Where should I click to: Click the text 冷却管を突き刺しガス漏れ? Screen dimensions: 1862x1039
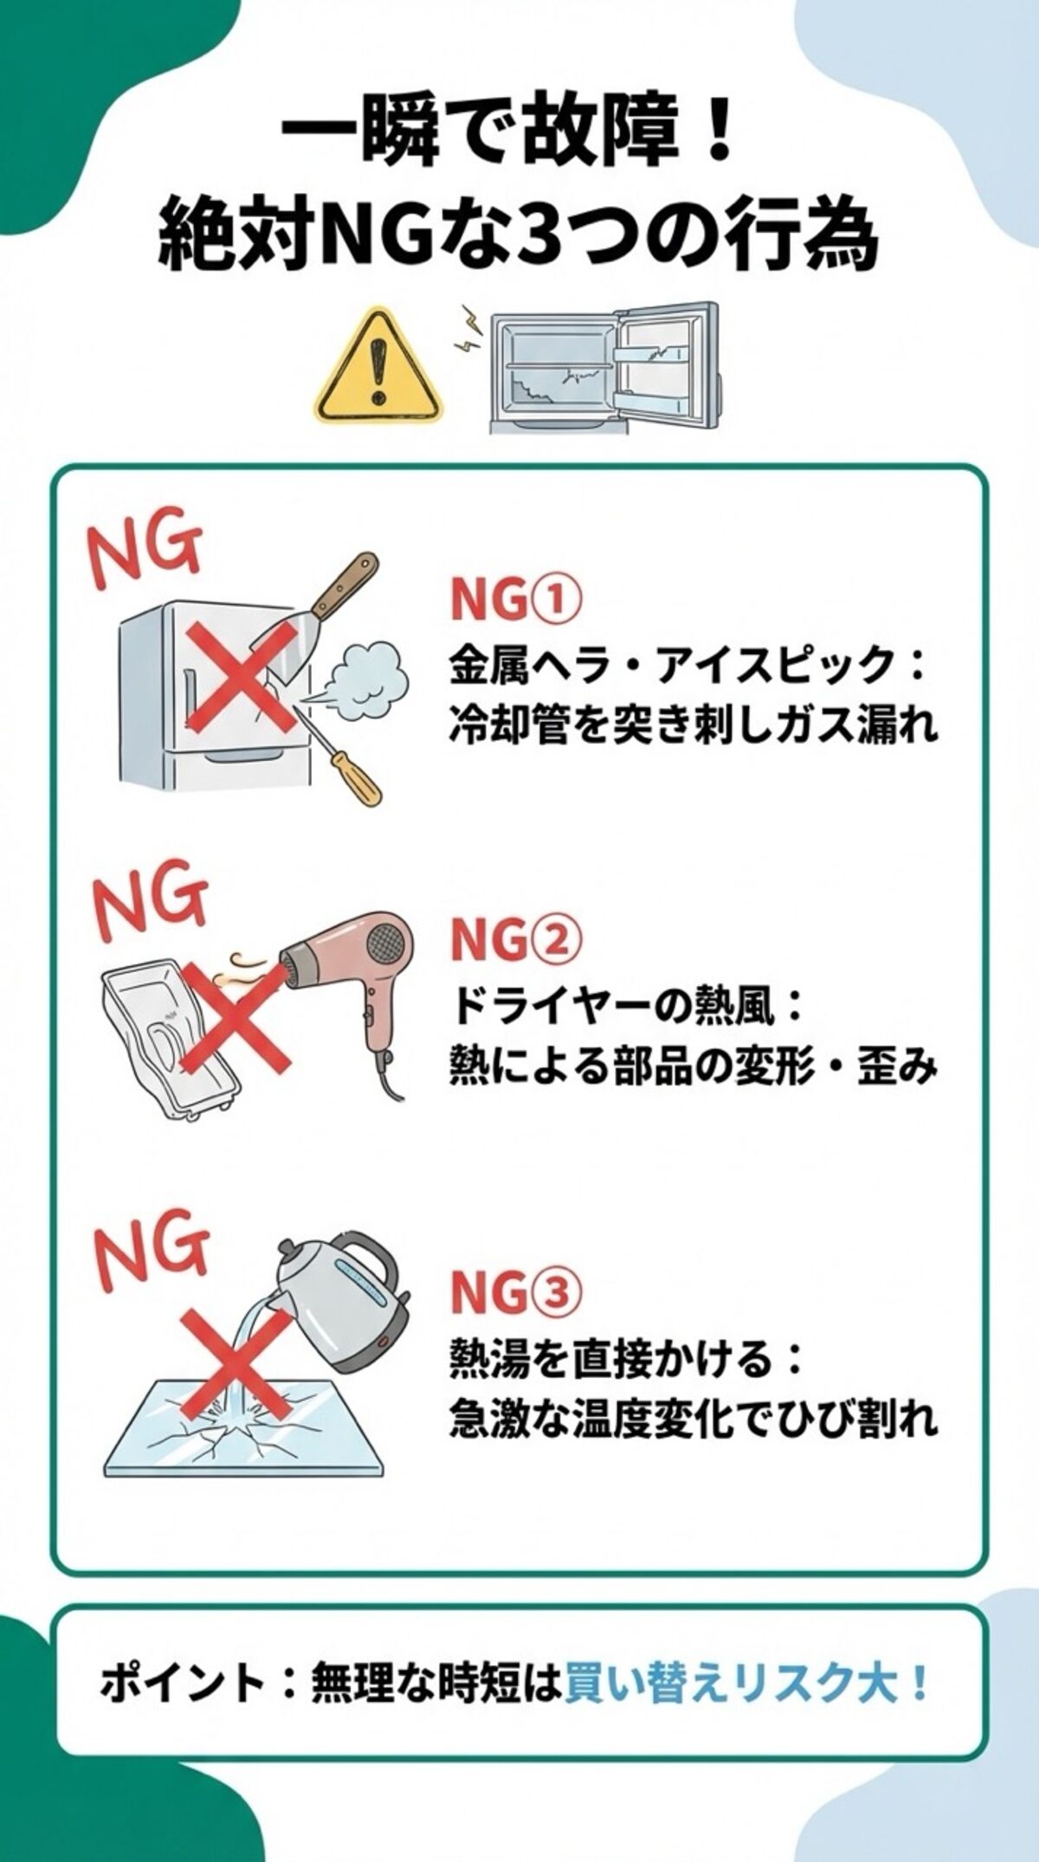pos(693,725)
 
